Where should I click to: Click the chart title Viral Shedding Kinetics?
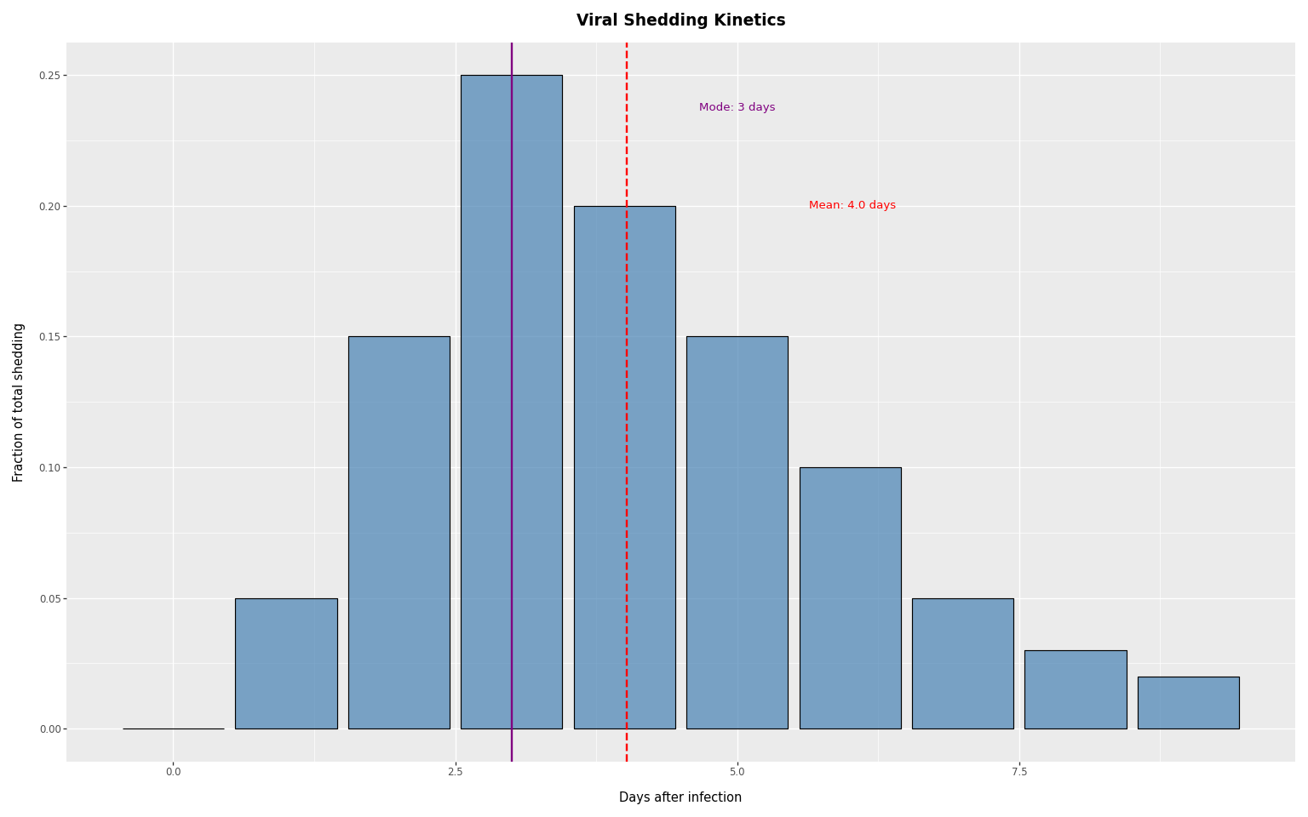point(680,20)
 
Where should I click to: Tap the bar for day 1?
point(286,664)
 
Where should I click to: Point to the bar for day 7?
point(962,664)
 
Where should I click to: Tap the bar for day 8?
point(1076,689)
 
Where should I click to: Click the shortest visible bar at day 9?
point(1188,703)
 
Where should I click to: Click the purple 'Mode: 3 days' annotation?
point(737,107)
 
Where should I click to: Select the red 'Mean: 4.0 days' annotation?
point(852,205)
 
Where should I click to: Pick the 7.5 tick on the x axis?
point(1019,772)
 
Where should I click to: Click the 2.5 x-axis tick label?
point(456,772)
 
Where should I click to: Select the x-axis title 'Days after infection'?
point(680,797)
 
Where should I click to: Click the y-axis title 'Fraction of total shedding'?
point(19,402)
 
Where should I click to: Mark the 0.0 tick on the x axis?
point(173,772)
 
